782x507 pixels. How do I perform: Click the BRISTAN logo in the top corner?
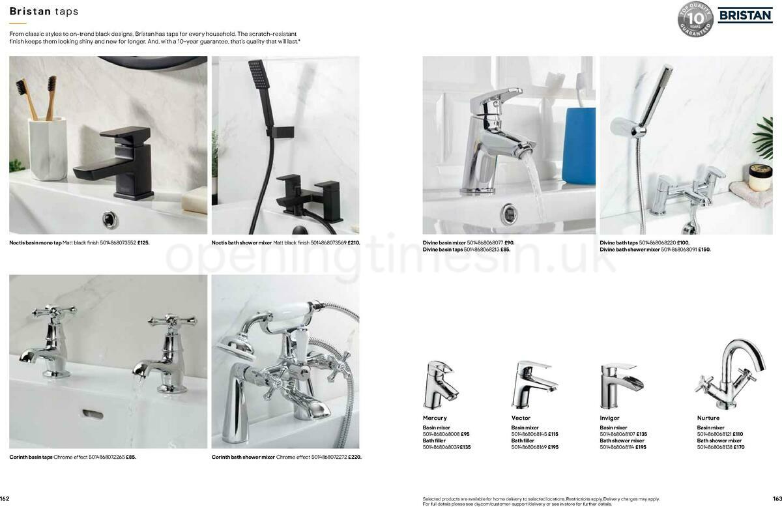744,15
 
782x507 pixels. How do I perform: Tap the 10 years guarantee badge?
695,20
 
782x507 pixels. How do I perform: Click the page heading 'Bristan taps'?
44,12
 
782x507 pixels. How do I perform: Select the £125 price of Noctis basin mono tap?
143,243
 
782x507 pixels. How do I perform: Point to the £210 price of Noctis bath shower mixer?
354,243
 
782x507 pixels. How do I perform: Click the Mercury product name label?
435,418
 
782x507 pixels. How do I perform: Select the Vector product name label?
521,418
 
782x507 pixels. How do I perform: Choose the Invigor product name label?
611,418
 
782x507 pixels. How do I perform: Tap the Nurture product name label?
708,418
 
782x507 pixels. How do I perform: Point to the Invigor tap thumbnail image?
620,384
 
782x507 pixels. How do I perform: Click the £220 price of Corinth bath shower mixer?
355,457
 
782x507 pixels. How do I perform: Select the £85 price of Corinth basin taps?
131,457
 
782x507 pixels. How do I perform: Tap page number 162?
5,499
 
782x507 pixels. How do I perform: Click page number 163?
777,499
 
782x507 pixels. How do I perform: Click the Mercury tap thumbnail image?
439,384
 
